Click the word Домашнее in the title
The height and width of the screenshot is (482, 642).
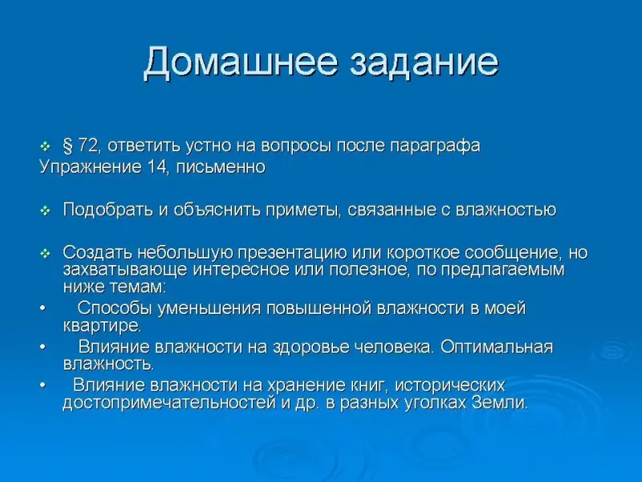(x=241, y=63)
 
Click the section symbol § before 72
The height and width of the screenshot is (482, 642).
(x=67, y=146)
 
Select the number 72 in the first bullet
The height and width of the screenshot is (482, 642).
(x=88, y=146)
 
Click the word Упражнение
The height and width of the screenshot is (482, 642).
(x=90, y=167)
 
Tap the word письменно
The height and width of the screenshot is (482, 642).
(x=221, y=167)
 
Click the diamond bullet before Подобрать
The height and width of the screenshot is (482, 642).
(x=45, y=211)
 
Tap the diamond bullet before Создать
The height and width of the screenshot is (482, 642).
(x=45, y=254)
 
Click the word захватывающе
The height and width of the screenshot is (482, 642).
(x=125, y=270)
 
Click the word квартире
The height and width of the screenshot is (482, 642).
(x=102, y=326)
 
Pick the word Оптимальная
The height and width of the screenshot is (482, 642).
(x=497, y=347)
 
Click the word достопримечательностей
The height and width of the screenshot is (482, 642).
(x=169, y=403)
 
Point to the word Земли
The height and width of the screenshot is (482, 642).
(x=499, y=403)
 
